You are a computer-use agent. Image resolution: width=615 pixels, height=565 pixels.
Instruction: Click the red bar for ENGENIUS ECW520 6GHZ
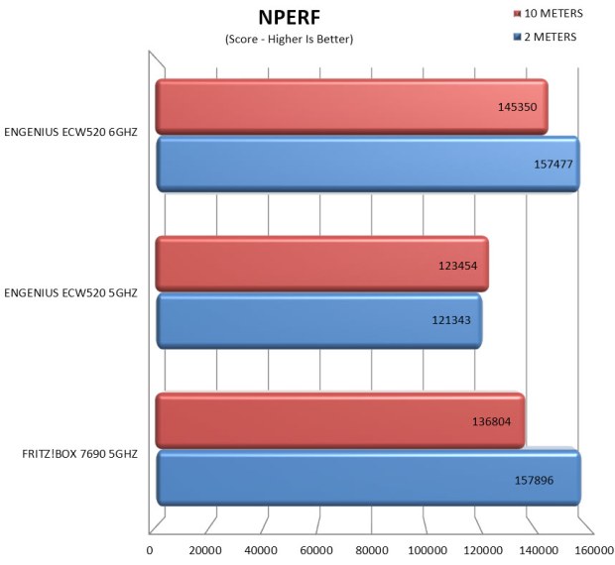point(352,107)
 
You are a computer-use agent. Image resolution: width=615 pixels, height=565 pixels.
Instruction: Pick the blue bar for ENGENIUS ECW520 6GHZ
point(367,164)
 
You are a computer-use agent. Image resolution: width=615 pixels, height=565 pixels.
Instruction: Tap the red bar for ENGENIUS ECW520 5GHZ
point(322,265)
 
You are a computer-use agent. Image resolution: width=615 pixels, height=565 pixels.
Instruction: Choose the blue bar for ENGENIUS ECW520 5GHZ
point(318,320)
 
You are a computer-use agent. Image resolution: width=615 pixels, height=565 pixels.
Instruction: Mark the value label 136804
point(493,420)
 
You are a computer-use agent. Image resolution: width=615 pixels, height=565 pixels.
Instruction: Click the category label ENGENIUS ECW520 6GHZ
point(70,130)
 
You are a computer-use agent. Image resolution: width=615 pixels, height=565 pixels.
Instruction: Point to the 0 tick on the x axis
point(150,550)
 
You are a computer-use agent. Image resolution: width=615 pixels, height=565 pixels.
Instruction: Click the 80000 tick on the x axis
point(372,550)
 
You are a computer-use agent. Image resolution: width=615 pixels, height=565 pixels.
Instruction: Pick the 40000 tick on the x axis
point(261,550)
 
